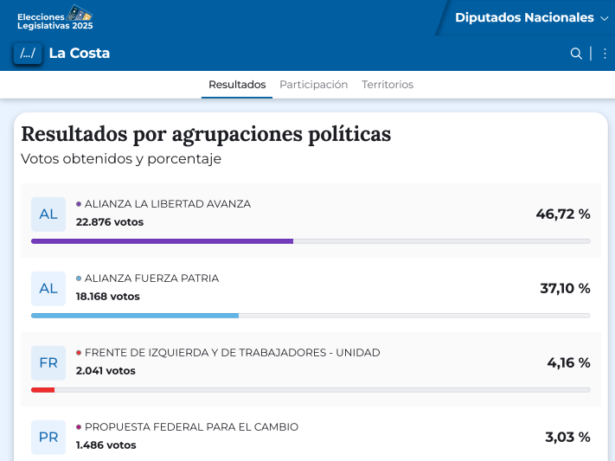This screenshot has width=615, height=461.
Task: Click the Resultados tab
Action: pyautogui.click(x=237, y=85)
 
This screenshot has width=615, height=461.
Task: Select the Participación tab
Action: pyautogui.click(x=313, y=85)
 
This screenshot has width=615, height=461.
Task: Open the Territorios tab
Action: pyautogui.click(x=388, y=85)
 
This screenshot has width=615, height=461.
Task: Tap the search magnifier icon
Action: pyautogui.click(x=576, y=54)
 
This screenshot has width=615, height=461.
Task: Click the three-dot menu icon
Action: pyautogui.click(x=605, y=54)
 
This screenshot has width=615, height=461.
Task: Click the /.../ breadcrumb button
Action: pyautogui.click(x=28, y=54)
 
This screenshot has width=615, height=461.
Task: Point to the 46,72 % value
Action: pyautogui.click(x=563, y=214)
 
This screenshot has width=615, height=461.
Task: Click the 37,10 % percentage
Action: pyautogui.click(x=565, y=288)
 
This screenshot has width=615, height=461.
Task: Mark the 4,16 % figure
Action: pyautogui.click(x=568, y=362)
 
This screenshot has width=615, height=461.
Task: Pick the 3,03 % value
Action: pyautogui.click(x=567, y=437)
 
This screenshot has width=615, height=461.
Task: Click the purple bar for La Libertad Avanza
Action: pyautogui.click(x=162, y=241)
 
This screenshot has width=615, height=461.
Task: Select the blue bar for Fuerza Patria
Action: pyautogui.click(x=135, y=316)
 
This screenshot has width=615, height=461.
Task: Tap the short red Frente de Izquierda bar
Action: pyautogui.click(x=42, y=390)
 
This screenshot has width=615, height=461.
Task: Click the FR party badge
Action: pyautogui.click(x=48, y=363)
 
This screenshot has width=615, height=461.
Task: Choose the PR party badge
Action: pyautogui.click(x=48, y=438)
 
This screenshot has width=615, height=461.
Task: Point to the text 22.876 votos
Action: pyautogui.click(x=110, y=222)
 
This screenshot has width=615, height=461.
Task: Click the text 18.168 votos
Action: pyautogui.click(x=107, y=297)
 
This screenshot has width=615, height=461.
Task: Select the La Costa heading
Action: pyautogui.click(x=80, y=54)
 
